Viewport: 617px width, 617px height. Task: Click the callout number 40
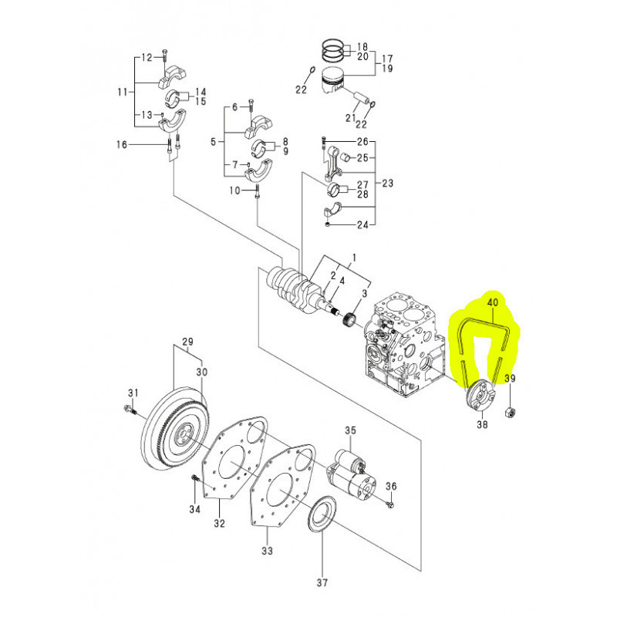pos(493,304)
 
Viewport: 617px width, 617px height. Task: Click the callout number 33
pos(268,551)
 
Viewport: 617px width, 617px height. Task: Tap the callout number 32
pos(219,524)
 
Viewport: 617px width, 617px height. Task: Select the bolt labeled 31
pos(128,410)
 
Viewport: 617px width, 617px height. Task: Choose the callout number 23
pos(387,184)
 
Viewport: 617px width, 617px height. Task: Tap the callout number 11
pos(122,92)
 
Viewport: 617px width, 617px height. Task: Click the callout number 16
pos(121,144)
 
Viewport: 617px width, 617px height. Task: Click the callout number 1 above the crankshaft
pos(355,257)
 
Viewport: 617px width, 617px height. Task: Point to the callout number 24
pos(362,225)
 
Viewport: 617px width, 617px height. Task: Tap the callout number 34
pos(195,509)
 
